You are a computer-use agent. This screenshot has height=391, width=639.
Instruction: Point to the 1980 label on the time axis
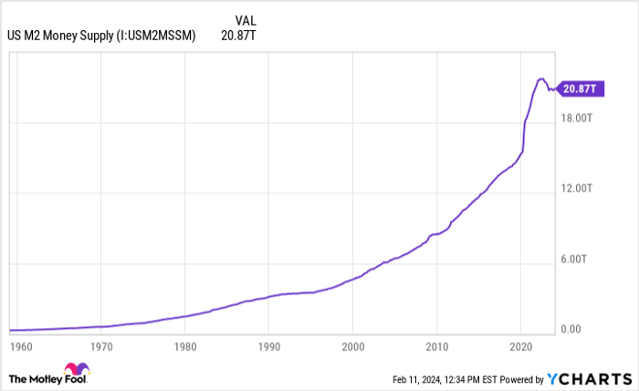(x=184, y=347)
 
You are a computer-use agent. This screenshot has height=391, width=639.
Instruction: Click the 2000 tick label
(x=352, y=347)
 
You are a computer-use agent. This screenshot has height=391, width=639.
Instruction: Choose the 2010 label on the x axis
(x=436, y=347)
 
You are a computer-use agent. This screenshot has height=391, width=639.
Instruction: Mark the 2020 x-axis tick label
(x=520, y=347)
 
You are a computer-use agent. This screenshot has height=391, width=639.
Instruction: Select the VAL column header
(x=245, y=19)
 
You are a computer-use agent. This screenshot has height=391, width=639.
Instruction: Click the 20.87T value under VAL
(x=237, y=36)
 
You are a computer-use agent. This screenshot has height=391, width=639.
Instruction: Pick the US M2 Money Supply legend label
(x=101, y=36)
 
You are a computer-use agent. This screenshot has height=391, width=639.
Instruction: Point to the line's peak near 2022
(x=541, y=79)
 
